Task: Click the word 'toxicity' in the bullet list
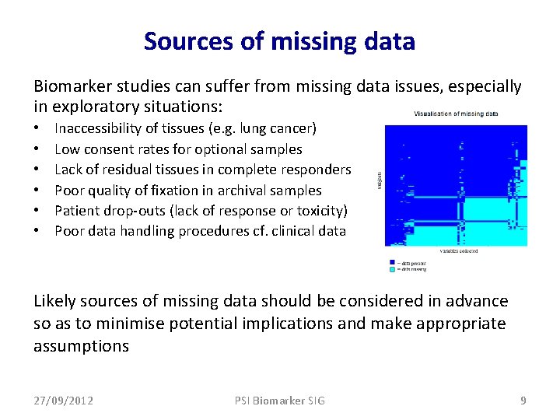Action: tap(319, 211)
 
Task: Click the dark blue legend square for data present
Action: tap(393, 263)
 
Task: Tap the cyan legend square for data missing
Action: tap(393, 269)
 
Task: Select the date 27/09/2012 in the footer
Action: tap(63, 401)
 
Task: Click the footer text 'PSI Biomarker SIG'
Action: tap(279, 401)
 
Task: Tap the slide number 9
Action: tap(523, 401)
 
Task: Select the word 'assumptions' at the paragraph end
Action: tap(81, 346)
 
